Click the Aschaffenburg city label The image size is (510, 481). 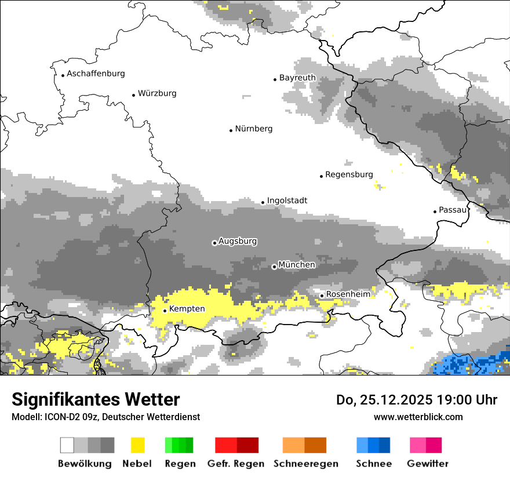[96, 74]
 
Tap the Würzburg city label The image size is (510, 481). [157, 93]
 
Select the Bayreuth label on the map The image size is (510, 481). [297, 78]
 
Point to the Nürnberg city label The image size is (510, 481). [253, 129]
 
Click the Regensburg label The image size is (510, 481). [349, 174]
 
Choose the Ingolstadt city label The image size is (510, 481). [287, 201]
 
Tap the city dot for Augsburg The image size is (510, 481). [214, 243]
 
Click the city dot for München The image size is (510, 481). [274, 267]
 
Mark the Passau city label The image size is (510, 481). [453, 210]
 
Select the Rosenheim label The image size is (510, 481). [348, 294]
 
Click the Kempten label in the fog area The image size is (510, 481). [187, 309]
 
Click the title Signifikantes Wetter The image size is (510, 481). [96, 399]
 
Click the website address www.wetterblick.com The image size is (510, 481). [418, 417]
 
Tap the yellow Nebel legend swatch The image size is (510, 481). [137, 445]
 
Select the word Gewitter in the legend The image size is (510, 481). [427, 464]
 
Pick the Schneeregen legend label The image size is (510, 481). [305, 464]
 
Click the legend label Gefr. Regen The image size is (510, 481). [236, 464]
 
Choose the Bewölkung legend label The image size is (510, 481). [85, 464]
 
